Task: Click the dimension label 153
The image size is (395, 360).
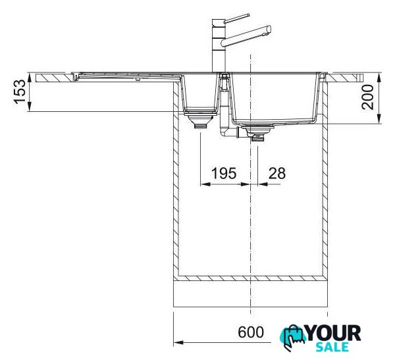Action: tap(20, 91)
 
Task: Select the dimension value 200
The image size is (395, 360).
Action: tap(367, 97)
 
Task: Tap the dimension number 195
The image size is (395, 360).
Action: tap(224, 173)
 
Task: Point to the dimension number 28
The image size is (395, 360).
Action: tap(277, 173)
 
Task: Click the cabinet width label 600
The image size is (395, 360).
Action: tap(251, 332)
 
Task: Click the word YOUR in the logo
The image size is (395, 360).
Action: tap(334, 333)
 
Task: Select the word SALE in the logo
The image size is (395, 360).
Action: tap(332, 347)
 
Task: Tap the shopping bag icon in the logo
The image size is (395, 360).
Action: tap(293, 337)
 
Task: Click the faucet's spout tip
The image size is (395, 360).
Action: tap(269, 29)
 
